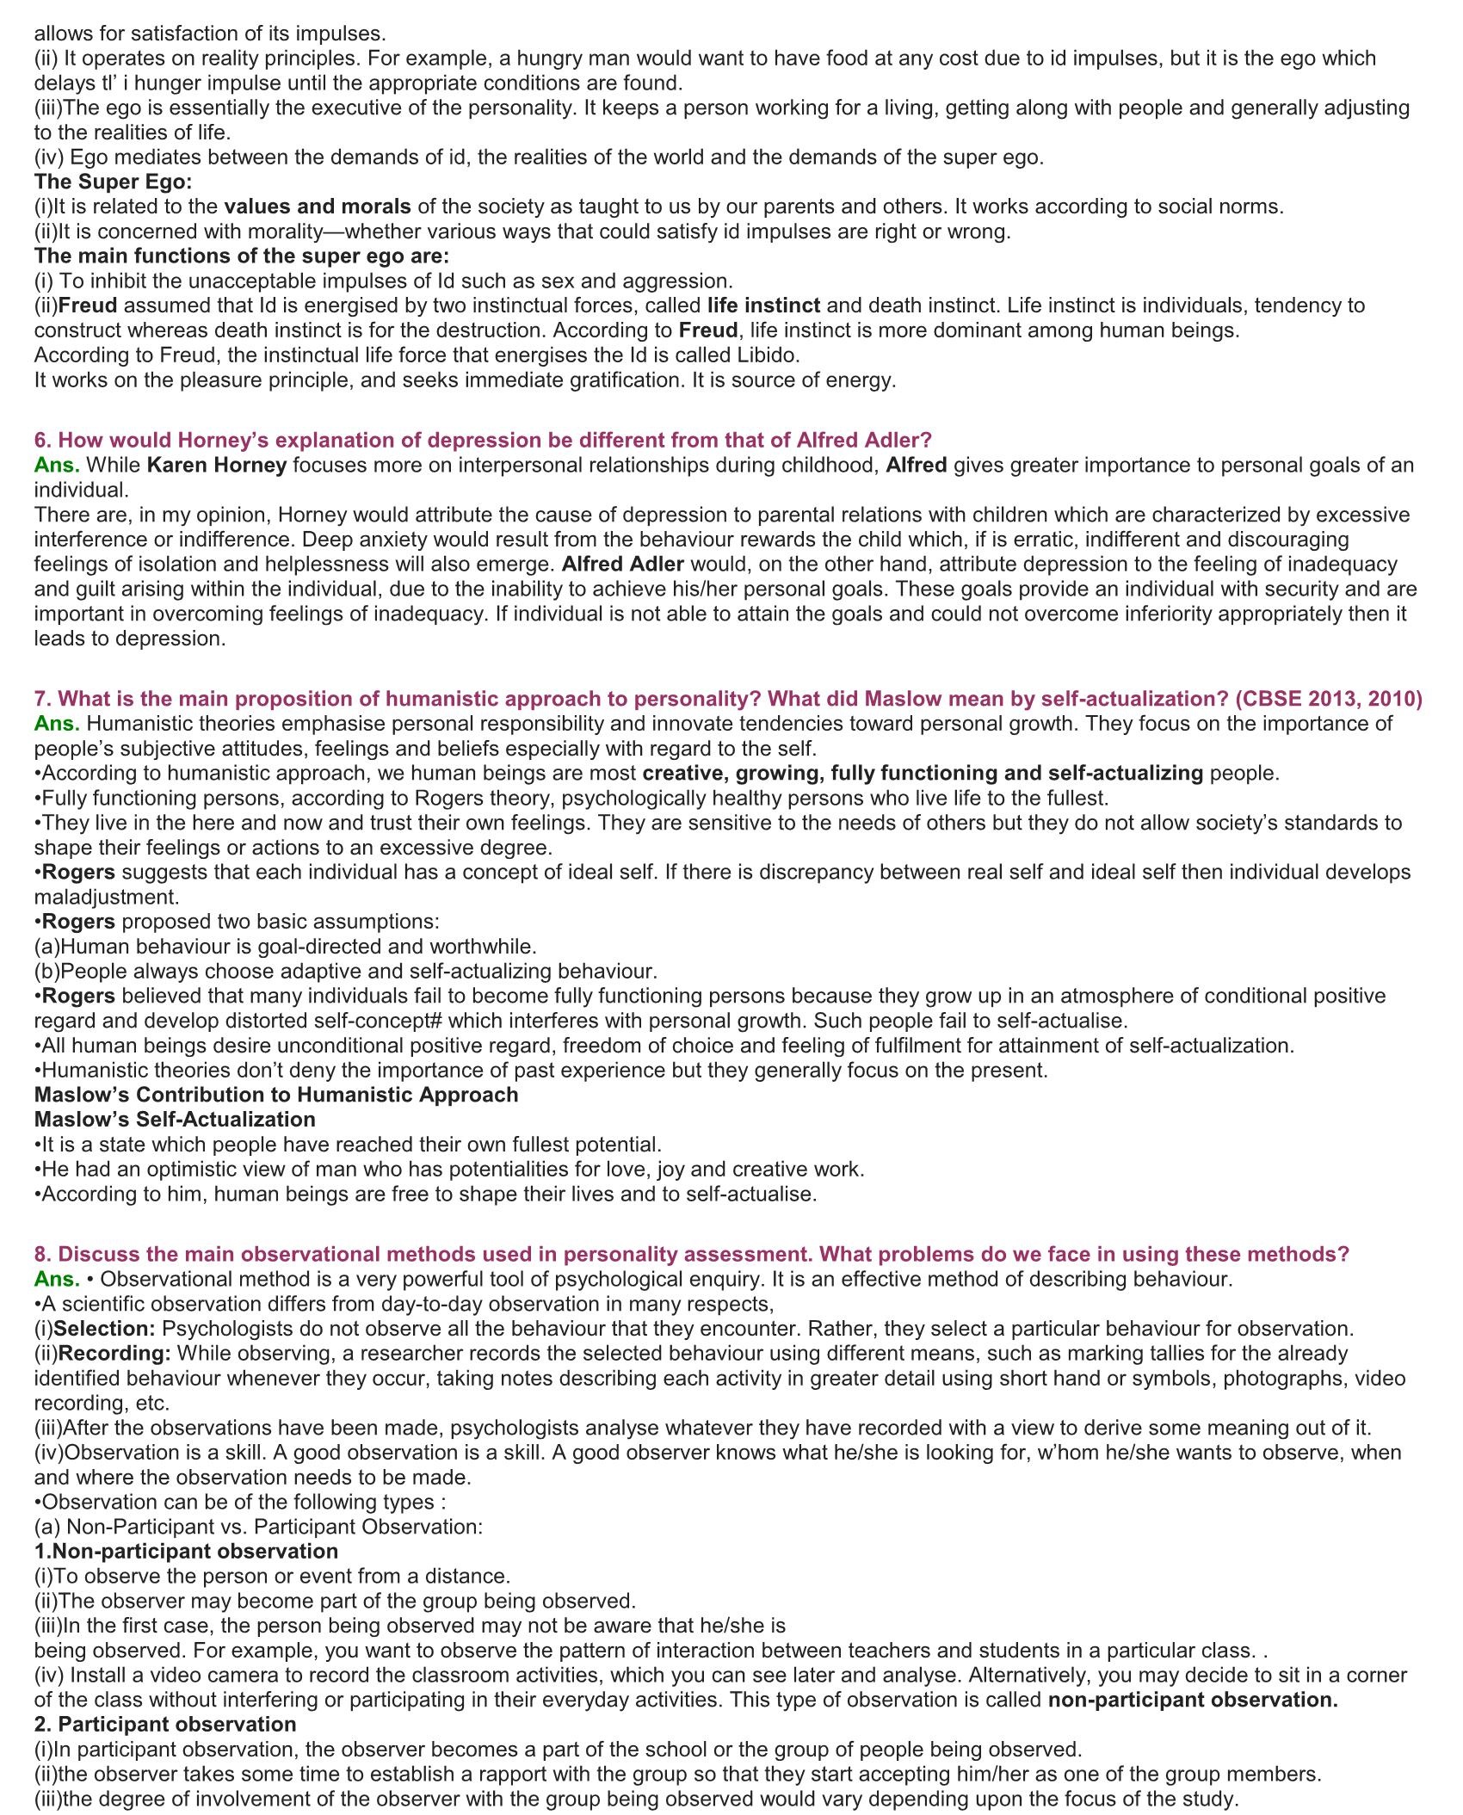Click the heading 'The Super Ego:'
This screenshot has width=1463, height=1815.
click(114, 182)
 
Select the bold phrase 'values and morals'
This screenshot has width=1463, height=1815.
click(318, 207)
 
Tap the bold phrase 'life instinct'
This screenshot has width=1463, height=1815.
click(763, 306)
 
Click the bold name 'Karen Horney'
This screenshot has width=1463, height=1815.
click(216, 466)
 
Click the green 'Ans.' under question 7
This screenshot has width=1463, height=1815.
click(57, 724)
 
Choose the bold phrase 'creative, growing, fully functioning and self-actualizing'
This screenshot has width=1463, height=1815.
click(923, 774)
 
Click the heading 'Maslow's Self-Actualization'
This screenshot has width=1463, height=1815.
click(175, 1120)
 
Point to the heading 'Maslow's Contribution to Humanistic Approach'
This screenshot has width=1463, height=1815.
click(276, 1095)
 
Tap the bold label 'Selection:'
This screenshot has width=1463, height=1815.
click(104, 1329)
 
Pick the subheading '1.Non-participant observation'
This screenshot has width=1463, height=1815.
click(186, 1552)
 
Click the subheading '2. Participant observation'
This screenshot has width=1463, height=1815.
click(165, 1725)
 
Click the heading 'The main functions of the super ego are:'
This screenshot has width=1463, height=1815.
click(242, 256)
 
